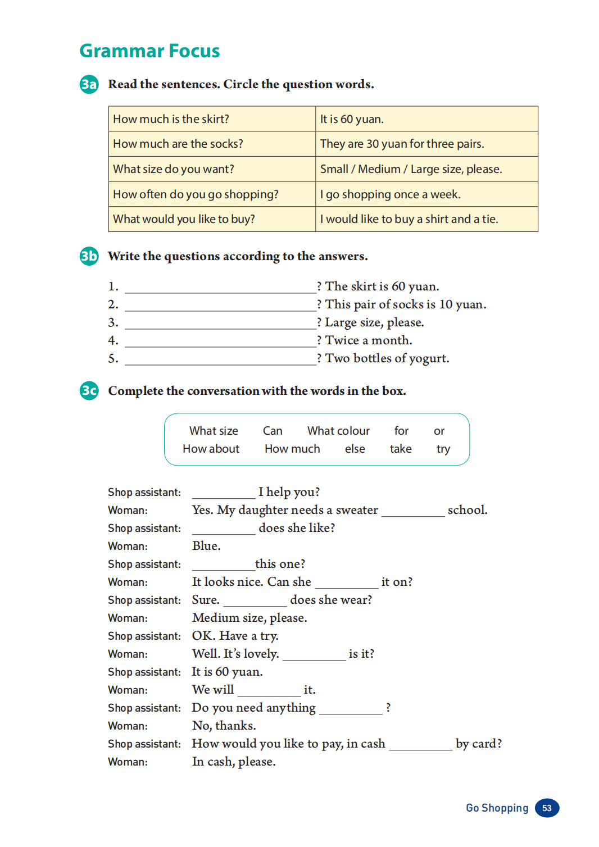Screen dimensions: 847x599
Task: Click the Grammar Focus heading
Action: point(149,51)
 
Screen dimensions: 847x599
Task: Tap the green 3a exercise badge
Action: point(89,84)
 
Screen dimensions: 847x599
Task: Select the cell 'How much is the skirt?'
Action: point(171,119)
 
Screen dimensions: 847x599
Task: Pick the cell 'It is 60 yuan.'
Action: point(352,119)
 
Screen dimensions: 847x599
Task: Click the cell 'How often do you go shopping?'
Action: point(196,194)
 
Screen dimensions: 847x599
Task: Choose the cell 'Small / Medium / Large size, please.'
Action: point(411,169)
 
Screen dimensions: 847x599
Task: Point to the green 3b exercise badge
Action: point(89,256)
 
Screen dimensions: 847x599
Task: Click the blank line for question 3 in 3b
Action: point(220,324)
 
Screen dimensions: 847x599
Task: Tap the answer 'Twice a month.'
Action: point(369,340)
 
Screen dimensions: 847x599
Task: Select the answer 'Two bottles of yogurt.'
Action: point(387,358)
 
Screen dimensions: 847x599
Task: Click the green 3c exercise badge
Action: point(89,390)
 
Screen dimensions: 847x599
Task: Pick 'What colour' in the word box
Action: point(338,431)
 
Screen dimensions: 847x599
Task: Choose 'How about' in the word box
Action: point(211,449)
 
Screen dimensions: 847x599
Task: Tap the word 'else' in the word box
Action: point(355,449)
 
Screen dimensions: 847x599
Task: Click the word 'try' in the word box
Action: point(443,449)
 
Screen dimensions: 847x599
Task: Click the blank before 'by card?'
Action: point(420,745)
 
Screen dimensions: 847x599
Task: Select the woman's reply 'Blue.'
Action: point(206,546)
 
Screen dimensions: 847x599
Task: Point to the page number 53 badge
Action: point(547,808)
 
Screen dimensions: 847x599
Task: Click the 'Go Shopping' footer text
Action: point(497,808)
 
